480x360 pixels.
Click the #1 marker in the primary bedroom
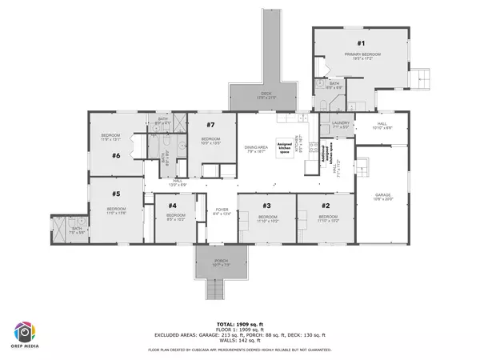coord(361,43)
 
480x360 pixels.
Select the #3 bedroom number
coord(267,206)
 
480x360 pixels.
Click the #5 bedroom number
coord(116,194)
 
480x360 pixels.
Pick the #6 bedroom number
coord(116,156)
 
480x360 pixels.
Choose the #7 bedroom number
coord(211,126)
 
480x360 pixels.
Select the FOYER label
coord(222,211)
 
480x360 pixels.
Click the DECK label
coord(265,95)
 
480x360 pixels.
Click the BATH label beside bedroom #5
coord(77,229)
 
